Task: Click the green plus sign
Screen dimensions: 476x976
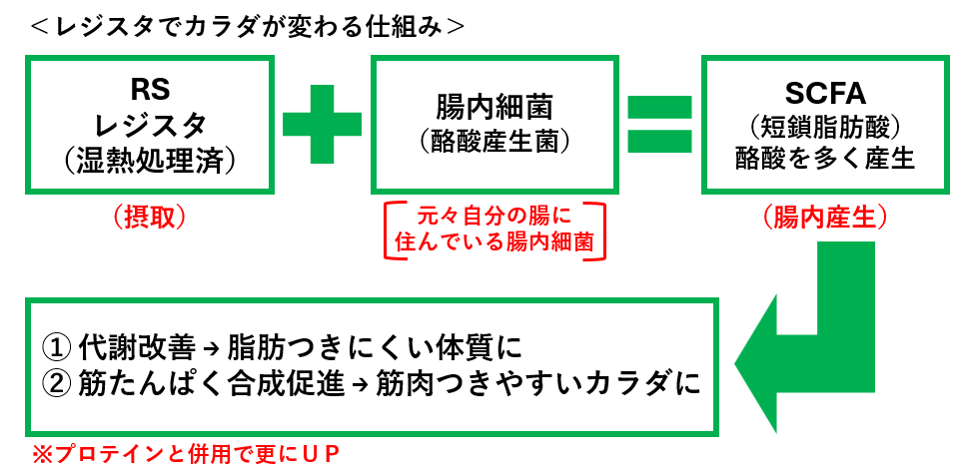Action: pos(322,123)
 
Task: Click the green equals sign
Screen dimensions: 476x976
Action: pos(658,123)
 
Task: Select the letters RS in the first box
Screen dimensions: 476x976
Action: pos(150,90)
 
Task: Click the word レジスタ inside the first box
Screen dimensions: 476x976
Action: pos(150,125)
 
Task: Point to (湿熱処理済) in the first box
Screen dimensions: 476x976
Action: pos(150,159)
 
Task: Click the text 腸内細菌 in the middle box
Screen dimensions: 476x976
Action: pos(494,106)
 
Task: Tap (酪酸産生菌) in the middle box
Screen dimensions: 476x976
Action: pos(494,140)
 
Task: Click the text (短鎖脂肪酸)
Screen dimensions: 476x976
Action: pos(824,127)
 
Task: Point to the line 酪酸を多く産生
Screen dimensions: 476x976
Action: pos(824,159)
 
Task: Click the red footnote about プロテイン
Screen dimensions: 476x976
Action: pos(185,456)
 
